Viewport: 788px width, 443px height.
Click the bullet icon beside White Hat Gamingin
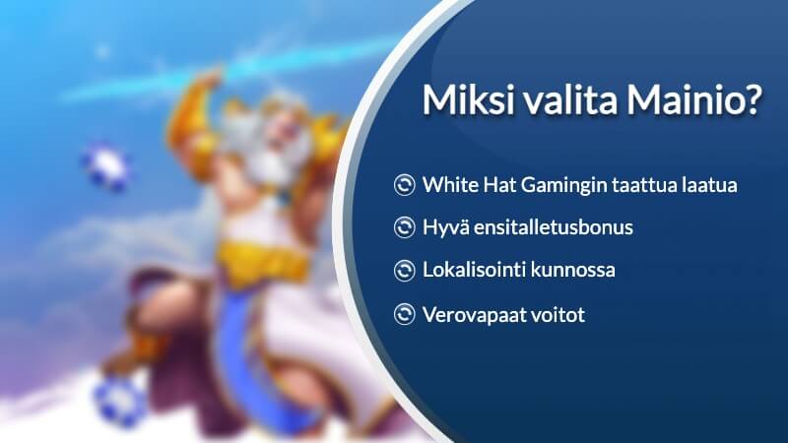coord(404,185)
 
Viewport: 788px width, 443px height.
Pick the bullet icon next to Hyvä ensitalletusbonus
coord(404,228)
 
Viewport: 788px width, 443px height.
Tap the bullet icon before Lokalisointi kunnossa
coord(404,271)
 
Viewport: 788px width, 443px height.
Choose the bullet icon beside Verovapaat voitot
coord(404,314)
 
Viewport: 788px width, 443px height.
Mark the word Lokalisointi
coord(474,271)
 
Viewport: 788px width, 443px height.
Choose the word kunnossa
coord(572,271)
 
